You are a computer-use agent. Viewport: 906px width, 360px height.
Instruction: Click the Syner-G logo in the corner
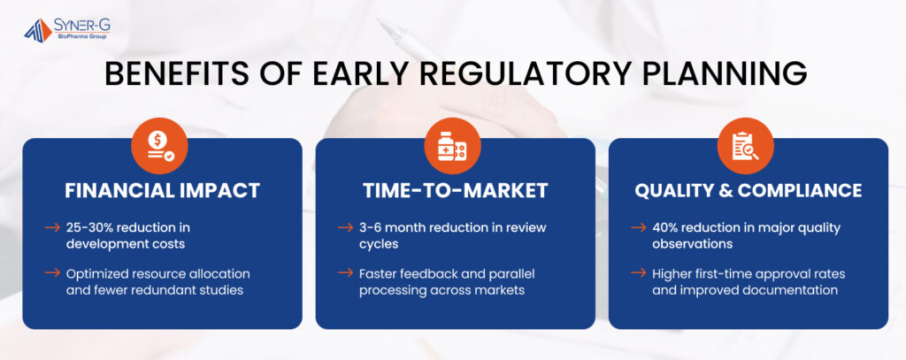click(x=67, y=29)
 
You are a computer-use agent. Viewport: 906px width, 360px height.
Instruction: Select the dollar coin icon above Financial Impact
click(x=159, y=146)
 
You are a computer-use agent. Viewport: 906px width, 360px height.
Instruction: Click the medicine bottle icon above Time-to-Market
click(x=452, y=146)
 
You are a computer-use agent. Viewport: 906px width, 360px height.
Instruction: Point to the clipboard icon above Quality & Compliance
click(x=745, y=146)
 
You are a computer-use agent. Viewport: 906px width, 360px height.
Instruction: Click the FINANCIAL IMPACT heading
click(x=163, y=191)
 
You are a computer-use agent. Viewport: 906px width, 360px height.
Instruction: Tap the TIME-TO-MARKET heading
click(x=456, y=191)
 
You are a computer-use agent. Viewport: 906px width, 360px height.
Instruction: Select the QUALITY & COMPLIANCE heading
click(x=749, y=191)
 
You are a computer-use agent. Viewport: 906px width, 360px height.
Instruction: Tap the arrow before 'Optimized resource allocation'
click(x=52, y=272)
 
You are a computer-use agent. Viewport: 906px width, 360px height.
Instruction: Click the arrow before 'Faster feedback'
click(x=346, y=272)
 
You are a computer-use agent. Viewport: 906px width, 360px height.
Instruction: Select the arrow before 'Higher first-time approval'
click(x=639, y=272)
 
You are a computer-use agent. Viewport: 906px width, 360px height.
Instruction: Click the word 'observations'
click(x=692, y=244)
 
